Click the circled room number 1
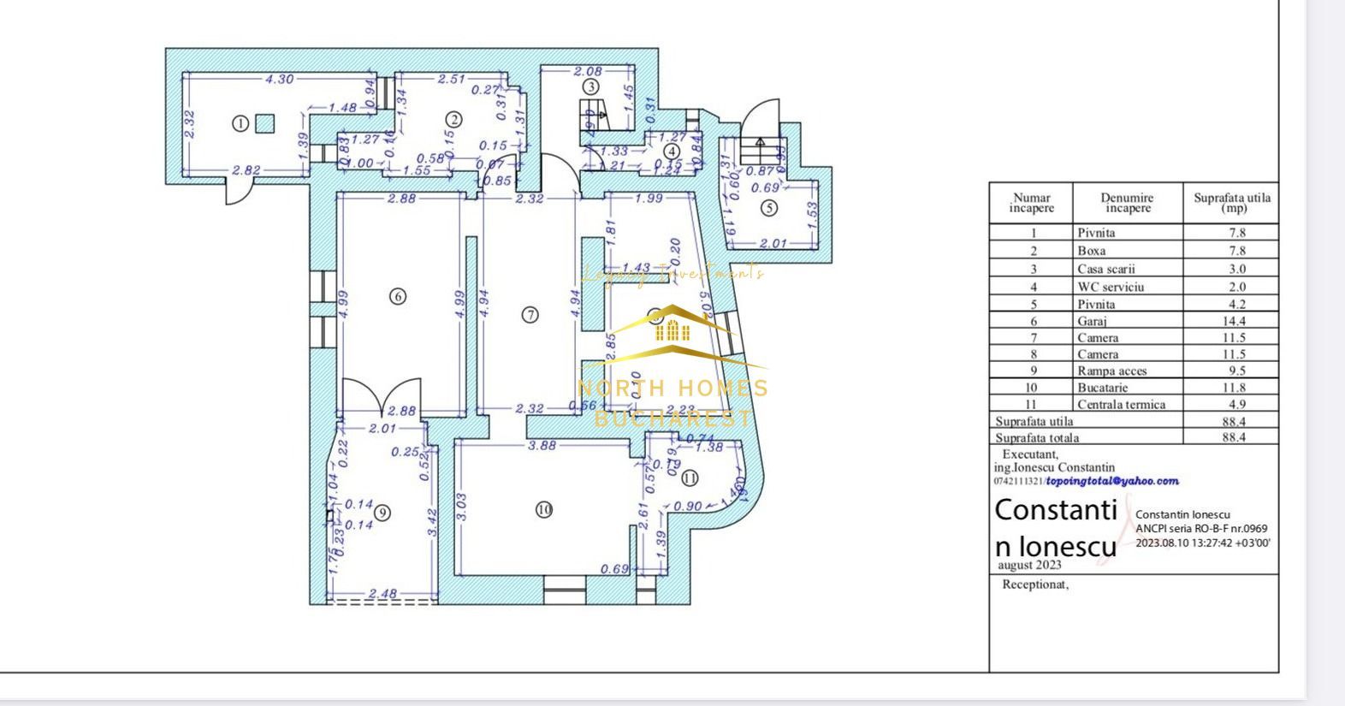240,124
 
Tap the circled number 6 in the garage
397,296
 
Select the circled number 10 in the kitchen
544,510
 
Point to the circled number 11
690,478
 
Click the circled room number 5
769,207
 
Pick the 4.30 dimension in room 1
279,79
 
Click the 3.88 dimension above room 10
542,445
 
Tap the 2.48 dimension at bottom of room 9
382,593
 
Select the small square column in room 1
265,124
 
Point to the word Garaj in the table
1092,322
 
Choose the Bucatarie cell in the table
1101,388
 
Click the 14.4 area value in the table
1234,322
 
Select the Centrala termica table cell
1121,405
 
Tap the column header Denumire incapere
1127,203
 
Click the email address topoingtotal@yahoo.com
1112,481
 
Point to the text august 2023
1029,565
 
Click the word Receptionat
1035,585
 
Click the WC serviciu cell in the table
1110,288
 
